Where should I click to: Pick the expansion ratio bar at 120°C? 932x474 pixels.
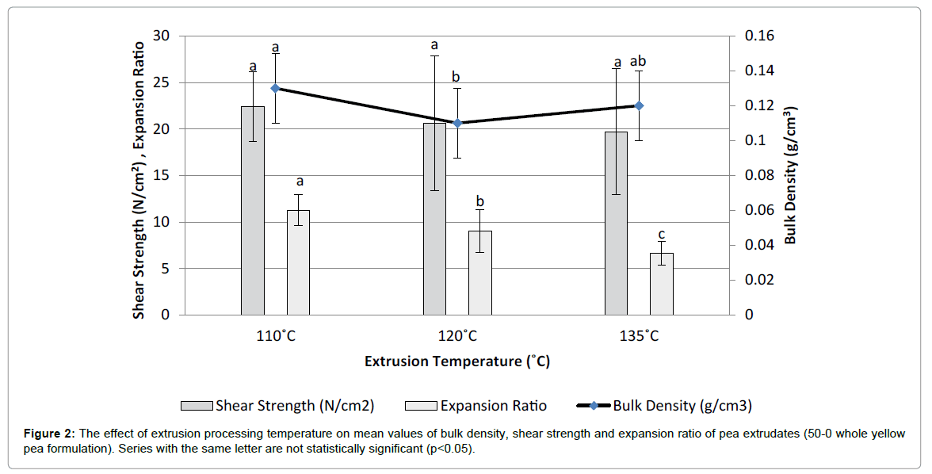(x=479, y=273)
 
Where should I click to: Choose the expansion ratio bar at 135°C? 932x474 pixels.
(x=661, y=284)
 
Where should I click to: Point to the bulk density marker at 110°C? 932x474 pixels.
(x=275, y=88)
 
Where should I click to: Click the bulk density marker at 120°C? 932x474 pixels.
(x=457, y=123)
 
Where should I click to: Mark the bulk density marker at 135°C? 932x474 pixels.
(x=639, y=105)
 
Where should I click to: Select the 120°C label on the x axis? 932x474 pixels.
(x=457, y=336)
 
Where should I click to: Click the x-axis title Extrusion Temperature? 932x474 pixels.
(x=457, y=361)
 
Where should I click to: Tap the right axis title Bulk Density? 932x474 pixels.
(x=790, y=174)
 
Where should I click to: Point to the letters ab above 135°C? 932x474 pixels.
(x=639, y=61)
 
